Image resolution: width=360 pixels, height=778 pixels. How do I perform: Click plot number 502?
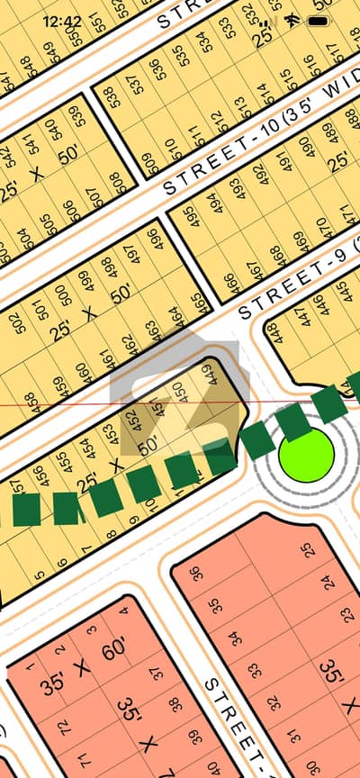pyautogui.click(x=17, y=322)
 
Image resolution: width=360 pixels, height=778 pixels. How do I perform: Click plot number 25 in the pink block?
pyautogui.click(x=309, y=549)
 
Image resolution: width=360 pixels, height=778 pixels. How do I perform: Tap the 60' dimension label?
pyautogui.click(x=113, y=649)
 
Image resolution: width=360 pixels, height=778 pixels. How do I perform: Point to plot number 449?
pyautogui.click(x=211, y=372)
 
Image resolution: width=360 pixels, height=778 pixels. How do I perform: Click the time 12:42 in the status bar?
pyautogui.click(x=62, y=21)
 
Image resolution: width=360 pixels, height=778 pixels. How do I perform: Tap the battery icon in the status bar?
pyautogui.click(x=319, y=20)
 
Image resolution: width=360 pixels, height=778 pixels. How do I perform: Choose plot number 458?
pyautogui.click(x=31, y=402)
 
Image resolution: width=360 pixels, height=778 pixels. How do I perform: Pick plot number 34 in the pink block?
pyautogui.click(x=234, y=638)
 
